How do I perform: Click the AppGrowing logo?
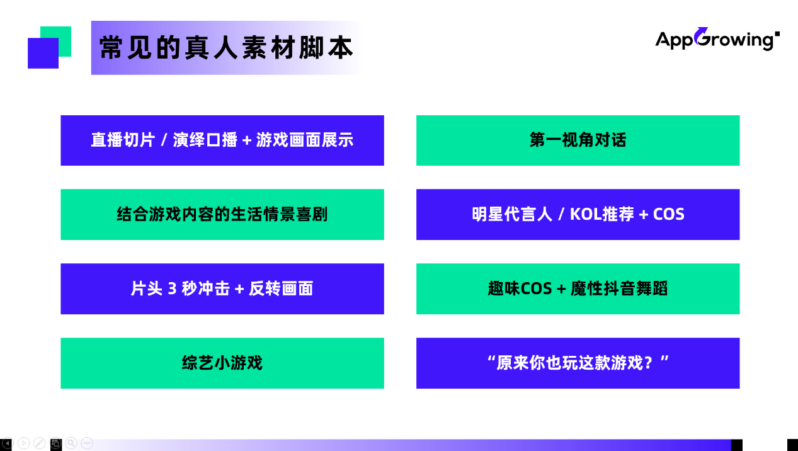coord(717,40)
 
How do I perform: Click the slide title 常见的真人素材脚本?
coord(226,48)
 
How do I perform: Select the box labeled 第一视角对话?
coord(578,140)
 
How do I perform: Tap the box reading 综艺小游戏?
coord(222,363)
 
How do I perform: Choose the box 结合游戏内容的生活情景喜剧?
coord(222,214)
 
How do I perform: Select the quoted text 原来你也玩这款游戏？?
coord(578,363)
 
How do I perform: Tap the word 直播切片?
coord(122,140)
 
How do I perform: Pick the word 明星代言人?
coord(503,214)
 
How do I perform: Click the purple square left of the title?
coord(43,54)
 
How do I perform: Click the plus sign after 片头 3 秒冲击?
coord(239,289)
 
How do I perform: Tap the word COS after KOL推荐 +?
coord(669,214)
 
